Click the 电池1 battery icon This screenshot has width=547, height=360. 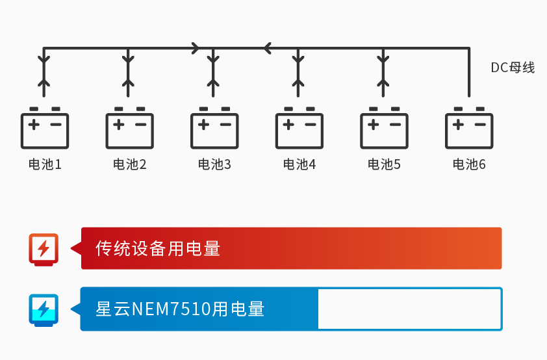coord(45,128)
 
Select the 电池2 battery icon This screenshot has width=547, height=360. coord(129,128)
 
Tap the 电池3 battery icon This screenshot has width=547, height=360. coord(214,128)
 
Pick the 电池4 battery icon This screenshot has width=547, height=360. coord(299,128)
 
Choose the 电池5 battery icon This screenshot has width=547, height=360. coord(384,128)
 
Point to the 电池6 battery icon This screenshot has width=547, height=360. coord(469,128)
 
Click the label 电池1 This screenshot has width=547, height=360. coord(45,164)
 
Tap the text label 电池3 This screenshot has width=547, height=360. coord(214,164)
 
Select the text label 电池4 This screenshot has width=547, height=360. coord(299,164)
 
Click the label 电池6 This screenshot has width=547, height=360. coord(469,164)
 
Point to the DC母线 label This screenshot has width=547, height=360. coord(513,68)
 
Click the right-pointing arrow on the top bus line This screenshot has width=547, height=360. coord(196,47)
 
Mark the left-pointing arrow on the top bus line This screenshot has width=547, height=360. coord(266,47)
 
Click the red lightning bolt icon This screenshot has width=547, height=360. coord(44,248)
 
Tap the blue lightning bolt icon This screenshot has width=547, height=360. coord(44,309)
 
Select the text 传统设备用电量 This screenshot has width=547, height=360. coord(158,248)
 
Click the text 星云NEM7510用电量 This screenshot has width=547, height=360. coord(180,309)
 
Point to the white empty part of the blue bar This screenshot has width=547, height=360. coord(409,309)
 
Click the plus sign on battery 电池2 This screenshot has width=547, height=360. coord(118,123)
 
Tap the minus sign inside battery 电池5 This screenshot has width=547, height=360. coord(395,123)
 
